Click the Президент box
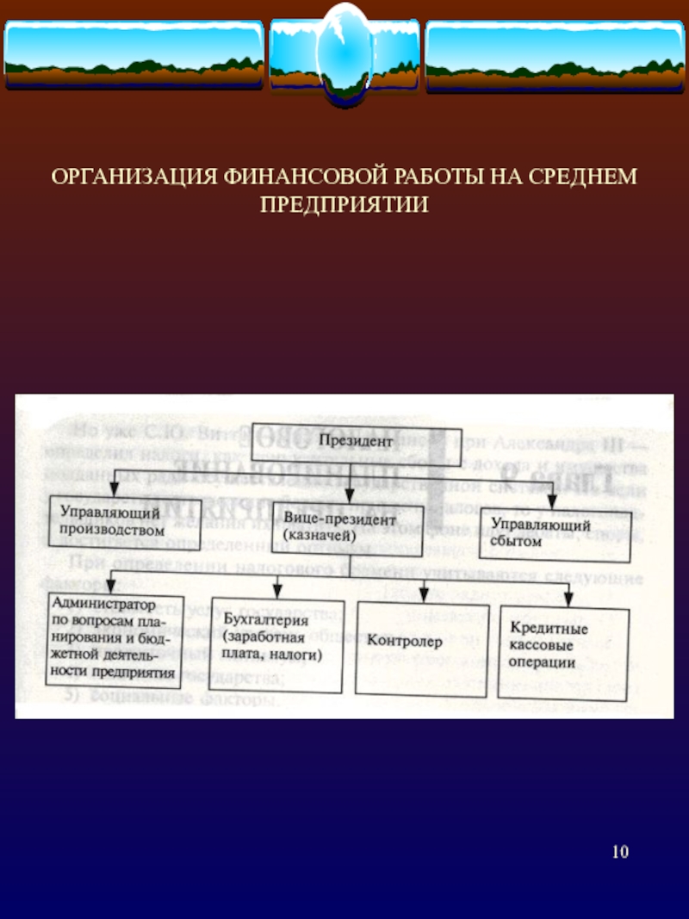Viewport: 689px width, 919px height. pyautogui.click(x=357, y=442)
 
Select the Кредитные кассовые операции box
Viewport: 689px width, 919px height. pyautogui.click(x=562, y=651)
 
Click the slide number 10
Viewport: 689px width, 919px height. pyautogui.click(x=620, y=853)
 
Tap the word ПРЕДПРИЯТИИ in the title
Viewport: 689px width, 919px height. pyautogui.click(x=344, y=203)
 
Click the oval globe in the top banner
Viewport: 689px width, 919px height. pyautogui.click(x=344, y=53)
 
